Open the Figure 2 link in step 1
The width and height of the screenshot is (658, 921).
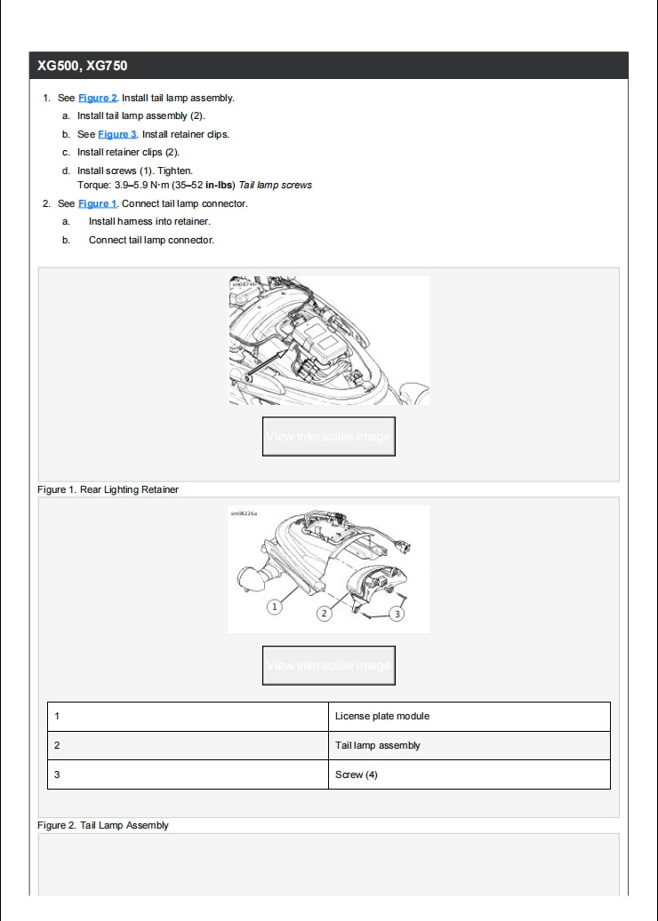coord(98,99)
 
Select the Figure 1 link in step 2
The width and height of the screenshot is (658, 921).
coord(98,204)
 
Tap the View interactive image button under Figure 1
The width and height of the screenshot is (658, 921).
coord(328,436)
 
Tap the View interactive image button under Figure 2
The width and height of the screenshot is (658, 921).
coord(328,665)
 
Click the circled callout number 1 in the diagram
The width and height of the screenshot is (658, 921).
coord(275,606)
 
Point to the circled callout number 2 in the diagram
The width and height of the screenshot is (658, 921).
coord(325,613)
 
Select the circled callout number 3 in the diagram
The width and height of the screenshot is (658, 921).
coord(397,613)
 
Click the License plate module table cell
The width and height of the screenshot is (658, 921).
coord(382,717)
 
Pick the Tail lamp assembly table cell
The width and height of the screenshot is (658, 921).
coord(378,746)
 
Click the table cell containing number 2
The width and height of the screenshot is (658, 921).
coord(187,746)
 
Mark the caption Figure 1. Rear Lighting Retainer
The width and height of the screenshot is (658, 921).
coord(108,489)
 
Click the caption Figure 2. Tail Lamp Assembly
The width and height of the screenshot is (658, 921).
coord(103,825)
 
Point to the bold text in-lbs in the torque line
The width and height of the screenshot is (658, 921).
coord(220,186)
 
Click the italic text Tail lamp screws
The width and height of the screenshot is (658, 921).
coord(276,186)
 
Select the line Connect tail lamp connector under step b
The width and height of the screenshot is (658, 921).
coord(151,240)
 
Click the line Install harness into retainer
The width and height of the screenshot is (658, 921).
coord(148,222)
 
